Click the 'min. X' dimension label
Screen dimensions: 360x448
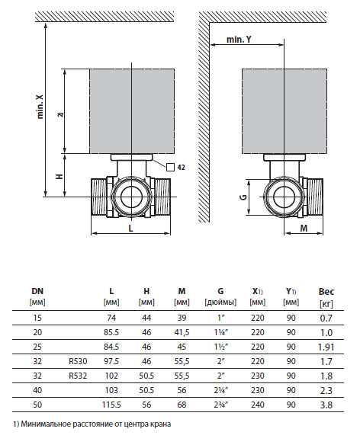(40, 107)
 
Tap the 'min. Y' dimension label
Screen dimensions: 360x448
(239, 39)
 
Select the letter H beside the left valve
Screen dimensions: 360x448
(59, 176)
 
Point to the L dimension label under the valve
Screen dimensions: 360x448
(131, 228)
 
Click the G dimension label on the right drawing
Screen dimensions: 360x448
(243, 197)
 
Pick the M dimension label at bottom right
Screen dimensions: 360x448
(304, 228)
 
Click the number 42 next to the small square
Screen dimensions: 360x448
(182, 167)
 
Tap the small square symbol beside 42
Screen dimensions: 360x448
(170, 167)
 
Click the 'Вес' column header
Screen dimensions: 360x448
(326, 291)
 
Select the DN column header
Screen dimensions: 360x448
(37, 291)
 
